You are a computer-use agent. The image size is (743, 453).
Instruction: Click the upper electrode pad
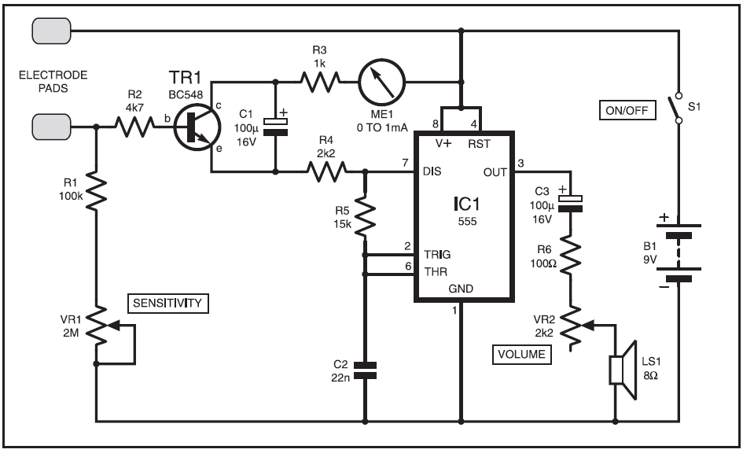click(51, 31)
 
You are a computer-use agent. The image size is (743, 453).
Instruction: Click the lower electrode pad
click(51, 127)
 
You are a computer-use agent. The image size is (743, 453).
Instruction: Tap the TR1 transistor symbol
click(197, 127)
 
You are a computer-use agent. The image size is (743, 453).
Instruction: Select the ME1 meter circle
click(381, 83)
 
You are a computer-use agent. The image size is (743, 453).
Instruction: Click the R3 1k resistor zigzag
click(320, 82)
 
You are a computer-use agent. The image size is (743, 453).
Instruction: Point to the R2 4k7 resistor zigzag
click(134, 127)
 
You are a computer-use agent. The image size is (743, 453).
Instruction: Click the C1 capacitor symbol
click(275, 127)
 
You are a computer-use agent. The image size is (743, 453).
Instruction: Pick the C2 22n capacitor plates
click(365, 370)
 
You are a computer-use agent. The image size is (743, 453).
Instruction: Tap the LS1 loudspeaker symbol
click(623, 370)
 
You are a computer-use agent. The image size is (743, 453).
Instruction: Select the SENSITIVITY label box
click(167, 304)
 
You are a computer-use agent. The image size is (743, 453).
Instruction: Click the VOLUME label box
click(522, 355)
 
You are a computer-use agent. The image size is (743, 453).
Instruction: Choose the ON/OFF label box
click(627, 110)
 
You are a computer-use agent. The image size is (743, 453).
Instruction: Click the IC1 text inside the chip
click(466, 204)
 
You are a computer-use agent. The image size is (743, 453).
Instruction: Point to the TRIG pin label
click(437, 255)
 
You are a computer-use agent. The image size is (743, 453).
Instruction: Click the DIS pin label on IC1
click(432, 171)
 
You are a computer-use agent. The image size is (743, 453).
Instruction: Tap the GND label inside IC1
click(461, 289)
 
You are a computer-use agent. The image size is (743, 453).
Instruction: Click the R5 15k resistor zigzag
click(365, 215)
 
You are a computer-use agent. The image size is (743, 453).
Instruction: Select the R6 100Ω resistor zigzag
click(571, 256)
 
